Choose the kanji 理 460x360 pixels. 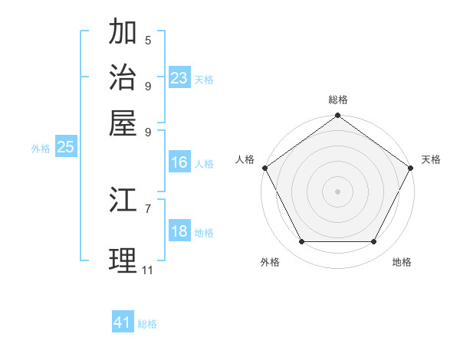pyautogui.click(x=123, y=260)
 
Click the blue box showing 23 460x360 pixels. pyautogui.click(x=179, y=78)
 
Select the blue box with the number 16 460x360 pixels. pyautogui.click(x=179, y=162)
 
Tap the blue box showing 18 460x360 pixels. pyautogui.click(x=179, y=232)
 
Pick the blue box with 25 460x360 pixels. pyautogui.click(x=65, y=148)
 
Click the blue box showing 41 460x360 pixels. pyautogui.click(x=123, y=322)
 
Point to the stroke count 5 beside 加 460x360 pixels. pyautogui.click(x=148, y=40)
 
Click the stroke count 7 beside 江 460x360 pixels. pyautogui.click(x=148, y=208)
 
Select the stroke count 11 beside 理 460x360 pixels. pyautogui.click(x=148, y=270)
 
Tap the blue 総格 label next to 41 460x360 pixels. pyautogui.click(x=147, y=324)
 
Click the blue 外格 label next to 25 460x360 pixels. pyautogui.click(x=40, y=149)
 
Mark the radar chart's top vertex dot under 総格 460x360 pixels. pyautogui.click(x=337, y=116)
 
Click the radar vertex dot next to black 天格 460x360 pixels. pyautogui.click(x=411, y=168)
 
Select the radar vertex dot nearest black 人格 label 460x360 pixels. pyautogui.click(x=264, y=168)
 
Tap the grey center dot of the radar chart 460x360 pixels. pyautogui.click(x=337, y=191)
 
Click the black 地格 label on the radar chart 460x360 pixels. pyautogui.click(x=402, y=262)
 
